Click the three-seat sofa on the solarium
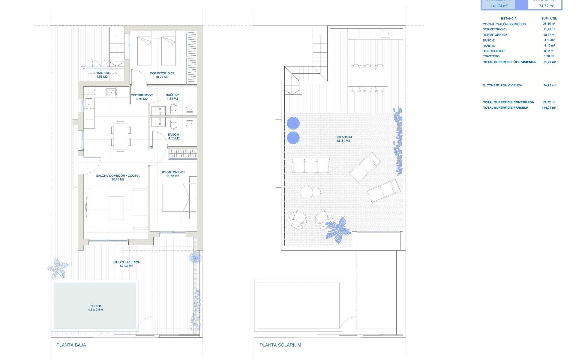pyautogui.click(x=311, y=166)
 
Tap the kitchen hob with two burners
pyautogui.click(x=111, y=92)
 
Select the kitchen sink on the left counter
pyautogui.click(x=89, y=103)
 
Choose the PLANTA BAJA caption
pyautogui.click(x=71, y=345)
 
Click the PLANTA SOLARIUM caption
pyautogui.click(x=280, y=345)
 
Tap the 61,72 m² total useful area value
pyautogui.click(x=549, y=62)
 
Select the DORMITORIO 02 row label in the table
pyautogui.click(x=495, y=35)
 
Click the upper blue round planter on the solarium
pyautogui.click(x=293, y=123)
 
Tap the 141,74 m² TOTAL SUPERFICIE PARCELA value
pyautogui.click(x=549, y=108)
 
